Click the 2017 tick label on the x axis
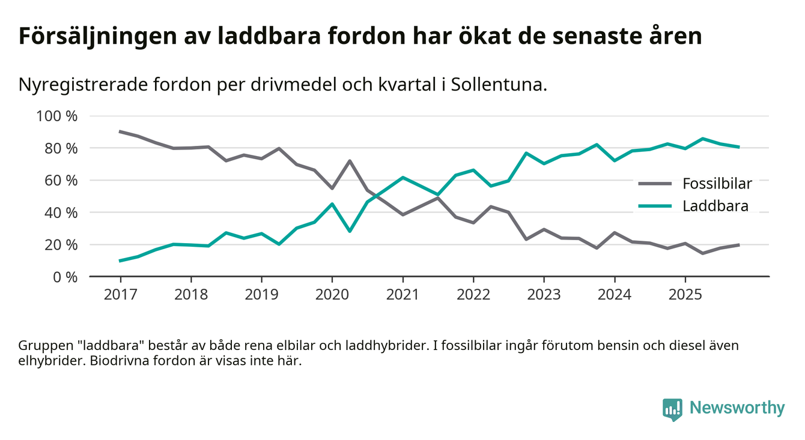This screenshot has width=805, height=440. (x=120, y=295)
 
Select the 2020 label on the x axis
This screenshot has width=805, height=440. (x=332, y=295)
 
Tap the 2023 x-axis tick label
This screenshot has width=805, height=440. (x=544, y=295)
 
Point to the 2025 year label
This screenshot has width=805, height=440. (x=685, y=295)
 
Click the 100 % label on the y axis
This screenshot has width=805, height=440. (x=57, y=116)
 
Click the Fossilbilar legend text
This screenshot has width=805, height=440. (x=717, y=183)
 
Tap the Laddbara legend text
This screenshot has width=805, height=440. (x=715, y=206)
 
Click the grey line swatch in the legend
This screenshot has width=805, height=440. (x=655, y=183)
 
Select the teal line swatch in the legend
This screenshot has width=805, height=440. (x=655, y=206)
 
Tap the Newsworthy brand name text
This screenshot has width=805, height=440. (x=737, y=408)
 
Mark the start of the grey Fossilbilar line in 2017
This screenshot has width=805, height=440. (x=120, y=131)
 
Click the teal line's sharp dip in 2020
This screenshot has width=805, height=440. (x=350, y=231)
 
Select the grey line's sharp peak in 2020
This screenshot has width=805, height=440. (x=350, y=161)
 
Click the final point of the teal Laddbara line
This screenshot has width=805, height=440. (x=738, y=146)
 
